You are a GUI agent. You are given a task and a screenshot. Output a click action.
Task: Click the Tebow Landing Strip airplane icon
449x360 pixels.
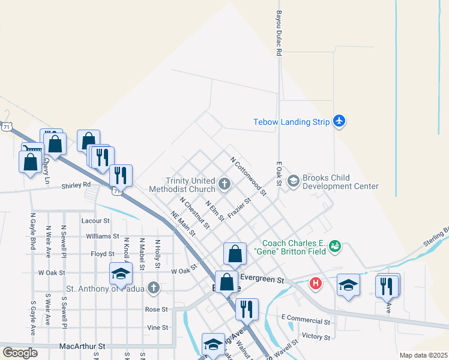point(339,121)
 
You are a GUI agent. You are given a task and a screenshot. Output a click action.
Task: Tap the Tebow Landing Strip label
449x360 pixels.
point(292,122)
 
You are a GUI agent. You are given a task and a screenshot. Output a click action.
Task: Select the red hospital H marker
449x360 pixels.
point(315,283)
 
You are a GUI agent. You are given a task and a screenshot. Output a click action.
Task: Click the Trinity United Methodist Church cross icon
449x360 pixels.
point(224,184)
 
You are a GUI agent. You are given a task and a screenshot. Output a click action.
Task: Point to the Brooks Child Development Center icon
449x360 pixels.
point(294,180)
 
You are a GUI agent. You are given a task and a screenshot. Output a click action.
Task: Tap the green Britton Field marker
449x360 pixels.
point(336,246)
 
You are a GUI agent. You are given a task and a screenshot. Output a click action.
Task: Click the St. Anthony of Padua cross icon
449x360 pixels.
point(154,288)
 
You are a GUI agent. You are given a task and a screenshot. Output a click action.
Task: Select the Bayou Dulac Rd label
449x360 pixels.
point(279,33)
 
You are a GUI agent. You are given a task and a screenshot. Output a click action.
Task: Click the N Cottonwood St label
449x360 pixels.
point(249,176)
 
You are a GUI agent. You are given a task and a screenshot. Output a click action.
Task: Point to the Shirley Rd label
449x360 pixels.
point(76,185)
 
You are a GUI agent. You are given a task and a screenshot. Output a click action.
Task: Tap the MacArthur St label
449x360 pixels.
point(82,346)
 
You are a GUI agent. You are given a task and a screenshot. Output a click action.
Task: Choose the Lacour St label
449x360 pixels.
point(95,221)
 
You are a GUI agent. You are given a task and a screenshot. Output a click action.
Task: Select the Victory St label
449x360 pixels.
point(316,337)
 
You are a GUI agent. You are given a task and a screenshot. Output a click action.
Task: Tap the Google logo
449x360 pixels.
point(20,353)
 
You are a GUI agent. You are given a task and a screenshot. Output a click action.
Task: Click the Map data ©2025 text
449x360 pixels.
point(423,355)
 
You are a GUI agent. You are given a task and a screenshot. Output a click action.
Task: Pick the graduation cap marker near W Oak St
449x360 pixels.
point(121,274)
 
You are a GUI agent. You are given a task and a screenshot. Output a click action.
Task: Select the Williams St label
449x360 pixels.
point(103,236)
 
